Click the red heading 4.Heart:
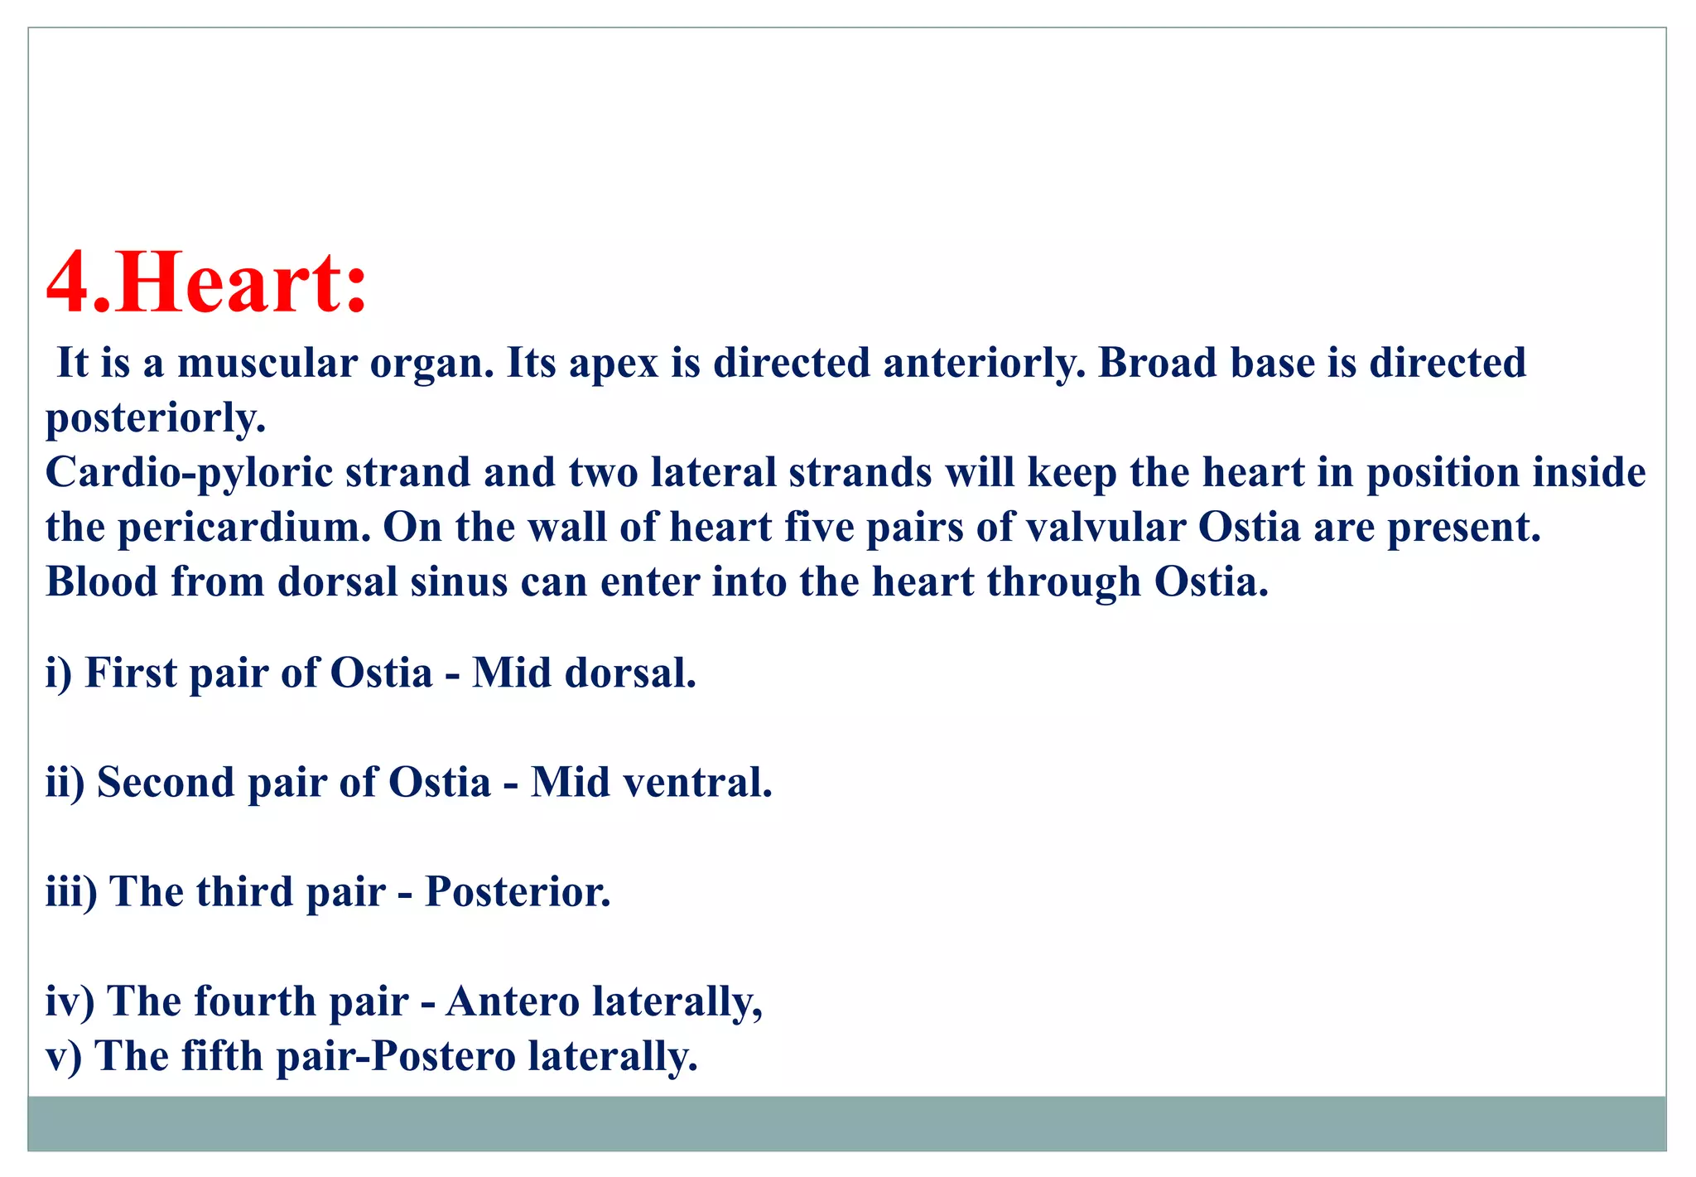(206, 282)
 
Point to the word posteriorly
(155, 418)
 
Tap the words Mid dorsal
(584, 673)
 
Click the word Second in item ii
(166, 782)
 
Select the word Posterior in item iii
(518, 892)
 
